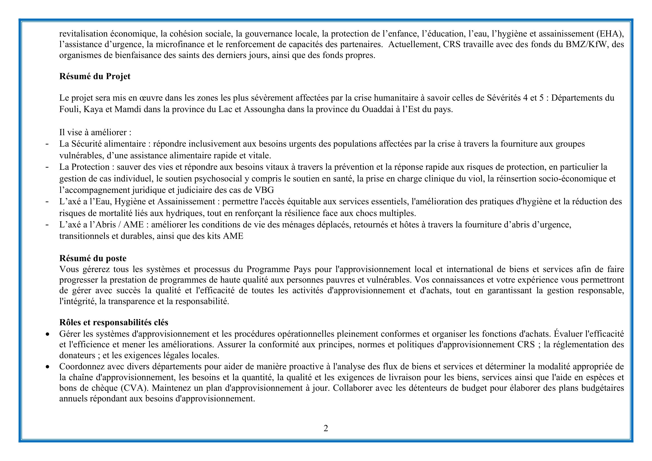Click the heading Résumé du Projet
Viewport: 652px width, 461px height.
pos(95,77)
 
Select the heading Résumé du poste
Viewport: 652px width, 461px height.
pos(93,258)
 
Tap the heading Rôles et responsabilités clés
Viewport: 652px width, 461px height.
pos(113,322)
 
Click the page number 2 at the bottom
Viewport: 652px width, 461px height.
pos(326,428)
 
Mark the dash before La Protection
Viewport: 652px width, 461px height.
pos(47,167)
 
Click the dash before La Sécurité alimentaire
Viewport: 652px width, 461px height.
pos(47,144)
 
